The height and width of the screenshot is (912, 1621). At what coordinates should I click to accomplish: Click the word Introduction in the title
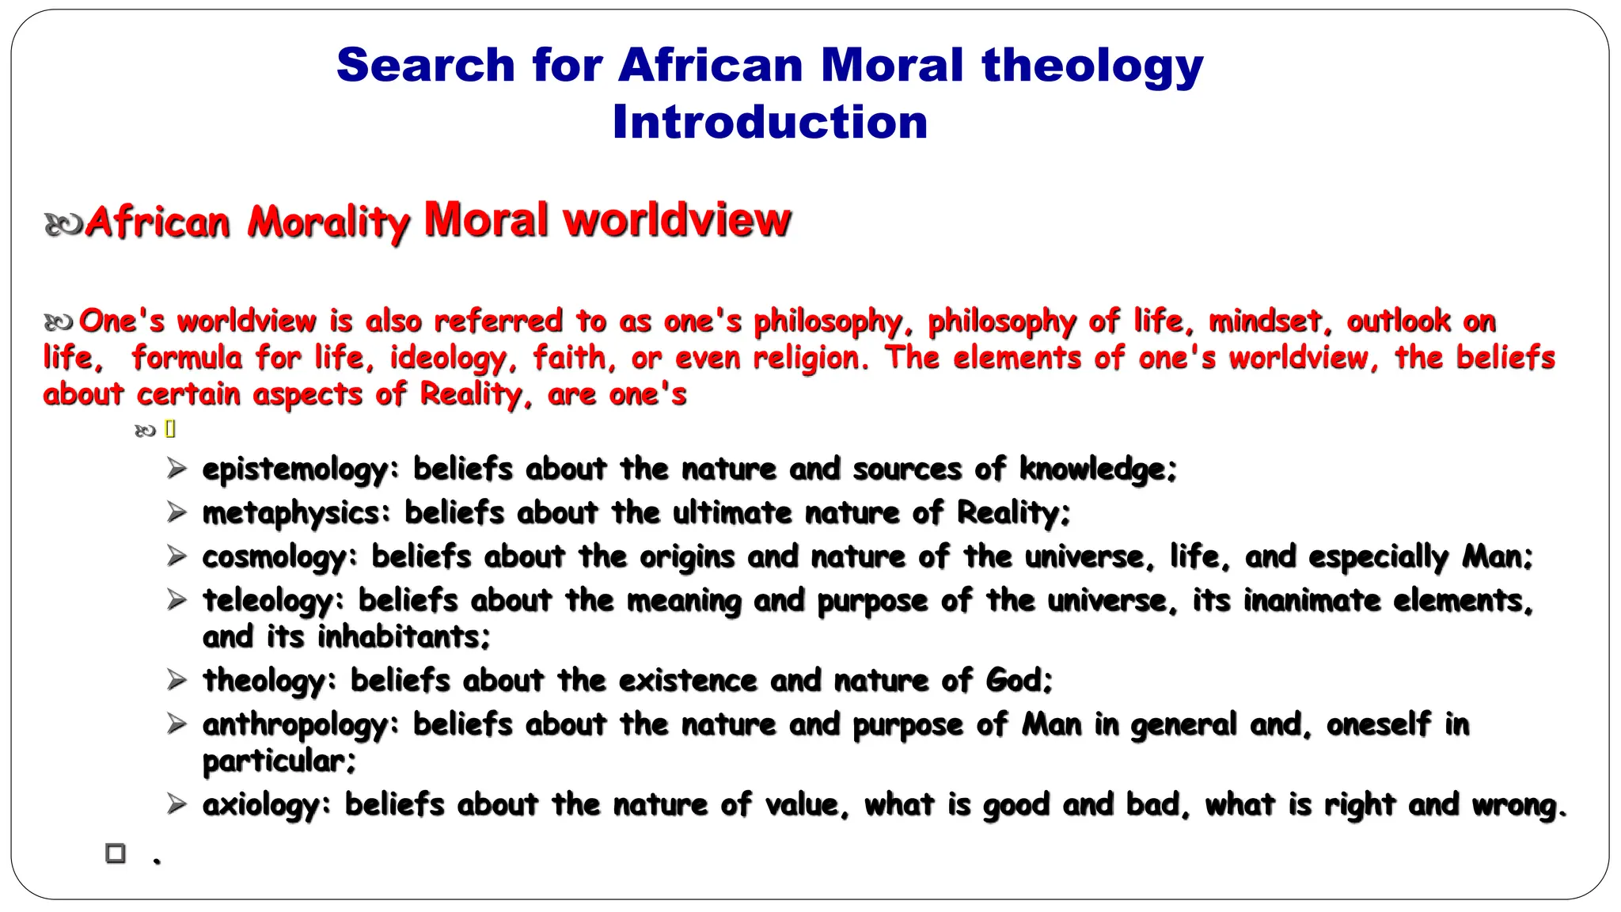pyautogui.click(x=769, y=123)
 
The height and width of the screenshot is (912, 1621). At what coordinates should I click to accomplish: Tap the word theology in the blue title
pyautogui.click(x=1092, y=65)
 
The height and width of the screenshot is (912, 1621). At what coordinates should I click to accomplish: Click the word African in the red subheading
pyautogui.click(x=158, y=222)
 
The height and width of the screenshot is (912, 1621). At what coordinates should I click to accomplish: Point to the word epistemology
pyautogui.click(x=295, y=469)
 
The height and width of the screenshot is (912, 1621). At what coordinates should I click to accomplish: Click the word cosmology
pyautogui.click(x=274, y=557)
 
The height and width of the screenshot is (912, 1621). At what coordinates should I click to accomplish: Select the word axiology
pyautogui.click(x=261, y=805)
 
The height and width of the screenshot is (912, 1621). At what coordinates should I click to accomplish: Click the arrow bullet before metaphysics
pyautogui.click(x=177, y=512)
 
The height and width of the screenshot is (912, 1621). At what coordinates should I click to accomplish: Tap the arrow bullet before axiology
pyautogui.click(x=177, y=804)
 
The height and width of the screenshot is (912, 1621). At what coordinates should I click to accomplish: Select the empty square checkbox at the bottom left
pyautogui.click(x=116, y=853)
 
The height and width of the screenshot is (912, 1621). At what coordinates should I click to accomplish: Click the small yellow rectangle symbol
pyautogui.click(x=170, y=429)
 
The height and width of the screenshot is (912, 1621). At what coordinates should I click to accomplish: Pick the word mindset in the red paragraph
pyautogui.click(x=1265, y=321)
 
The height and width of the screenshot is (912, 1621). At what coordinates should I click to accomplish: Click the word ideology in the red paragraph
pyautogui.click(x=448, y=359)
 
